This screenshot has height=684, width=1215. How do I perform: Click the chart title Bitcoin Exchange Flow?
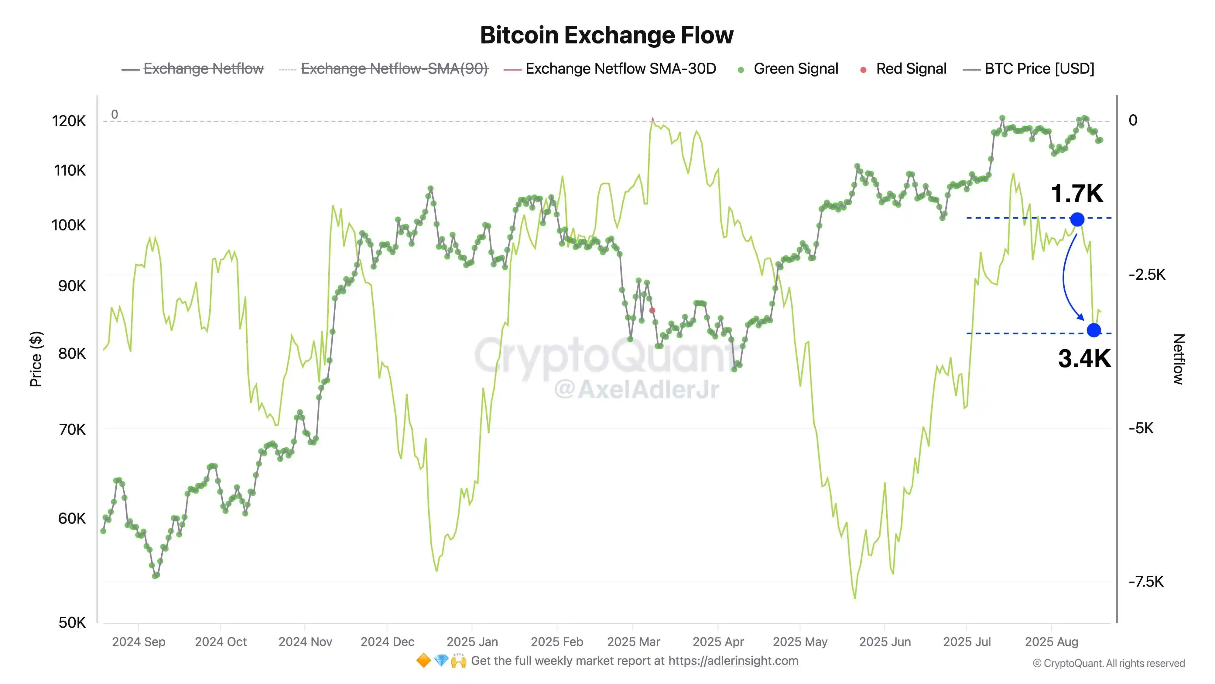coord(607,35)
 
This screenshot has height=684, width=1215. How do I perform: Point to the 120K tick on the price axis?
coord(69,121)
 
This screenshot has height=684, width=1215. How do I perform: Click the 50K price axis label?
coord(72,623)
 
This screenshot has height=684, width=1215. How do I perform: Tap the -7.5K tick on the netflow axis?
coord(1146,582)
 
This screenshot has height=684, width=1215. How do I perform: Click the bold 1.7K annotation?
coord(1077,194)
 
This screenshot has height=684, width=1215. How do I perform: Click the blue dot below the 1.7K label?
coord(1077,219)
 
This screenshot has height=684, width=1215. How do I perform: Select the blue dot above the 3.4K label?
coord(1094,330)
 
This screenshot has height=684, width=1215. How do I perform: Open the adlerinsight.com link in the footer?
coord(733,661)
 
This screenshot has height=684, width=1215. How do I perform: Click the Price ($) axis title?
coord(36,359)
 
